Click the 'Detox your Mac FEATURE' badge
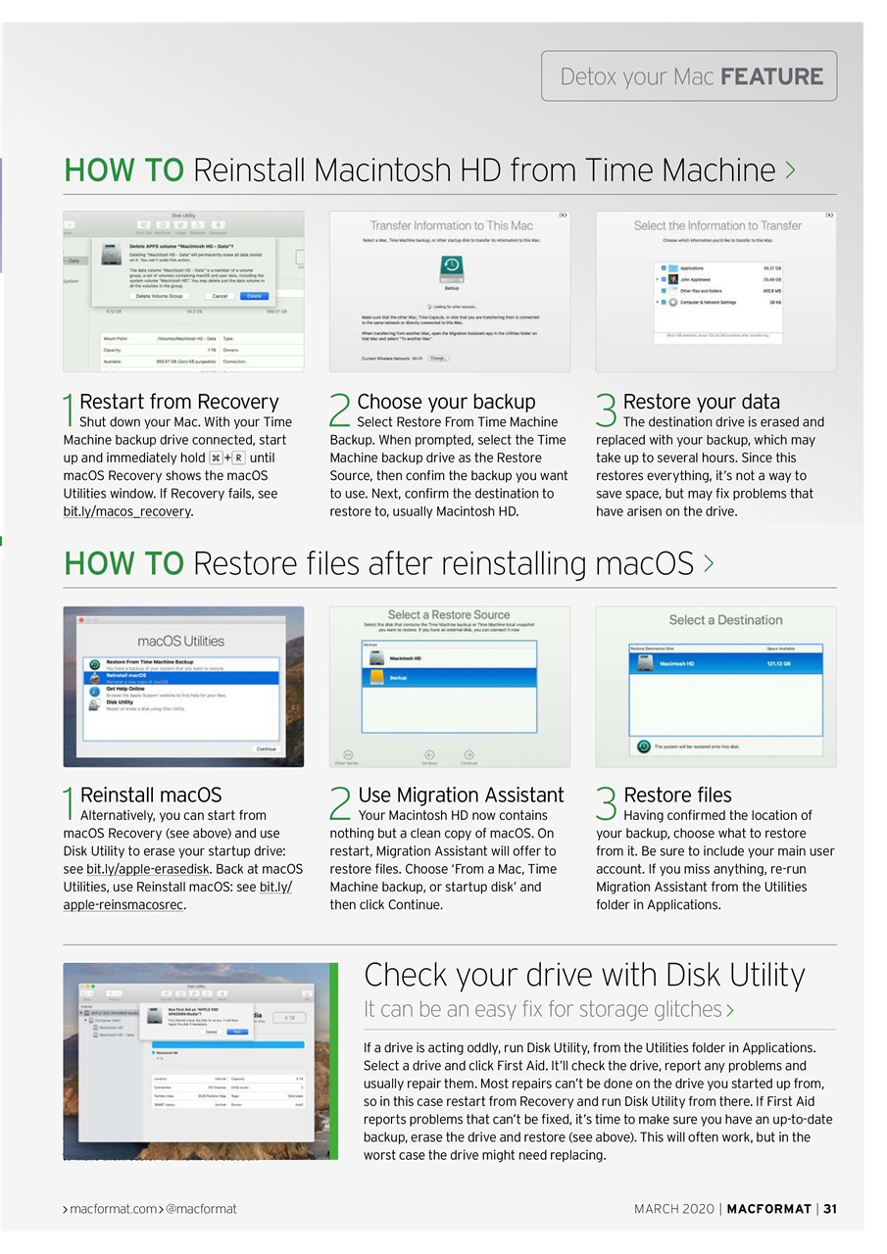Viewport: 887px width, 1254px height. pos(689,76)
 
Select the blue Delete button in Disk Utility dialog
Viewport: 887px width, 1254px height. pos(253,296)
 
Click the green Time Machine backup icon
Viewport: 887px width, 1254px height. pos(451,267)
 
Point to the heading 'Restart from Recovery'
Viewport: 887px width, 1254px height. pos(178,402)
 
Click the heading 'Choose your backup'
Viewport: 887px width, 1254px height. pos(446,402)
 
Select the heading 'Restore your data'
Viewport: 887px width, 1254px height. pos(702,402)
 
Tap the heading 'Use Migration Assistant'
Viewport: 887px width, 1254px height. pos(461,795)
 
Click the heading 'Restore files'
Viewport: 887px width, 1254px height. pos(677,795)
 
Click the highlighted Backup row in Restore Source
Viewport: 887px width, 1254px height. pos(450,678)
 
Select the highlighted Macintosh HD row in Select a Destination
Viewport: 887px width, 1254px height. pos(725,663)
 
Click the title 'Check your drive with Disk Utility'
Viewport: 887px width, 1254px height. pos(584,975)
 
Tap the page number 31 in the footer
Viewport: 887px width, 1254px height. pos(830,1209)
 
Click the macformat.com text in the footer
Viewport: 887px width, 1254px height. pos(113,1209)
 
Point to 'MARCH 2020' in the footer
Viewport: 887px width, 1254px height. pos(673,1209)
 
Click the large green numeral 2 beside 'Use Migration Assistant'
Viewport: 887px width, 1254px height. pos(340,803)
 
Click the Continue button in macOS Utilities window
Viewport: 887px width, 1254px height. pos(266,748)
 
